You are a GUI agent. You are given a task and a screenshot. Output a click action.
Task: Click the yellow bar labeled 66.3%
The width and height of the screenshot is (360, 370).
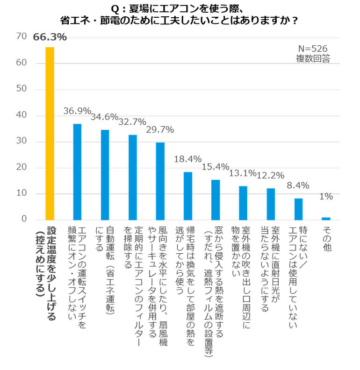[50, 133]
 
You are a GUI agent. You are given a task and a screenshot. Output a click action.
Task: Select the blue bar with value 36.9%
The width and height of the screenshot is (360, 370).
[77, 171]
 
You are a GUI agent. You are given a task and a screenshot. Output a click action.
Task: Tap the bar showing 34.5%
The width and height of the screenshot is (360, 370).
[105, 174]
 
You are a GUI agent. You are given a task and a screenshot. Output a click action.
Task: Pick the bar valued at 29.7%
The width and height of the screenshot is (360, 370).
[160, 181]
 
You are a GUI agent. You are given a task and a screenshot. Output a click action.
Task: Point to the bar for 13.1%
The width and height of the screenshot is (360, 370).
[243, 202]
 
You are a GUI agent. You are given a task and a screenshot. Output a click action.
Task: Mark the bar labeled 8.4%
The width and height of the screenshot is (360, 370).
[298, 208]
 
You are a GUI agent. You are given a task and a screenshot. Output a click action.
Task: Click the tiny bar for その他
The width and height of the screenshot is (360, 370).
[326, 218]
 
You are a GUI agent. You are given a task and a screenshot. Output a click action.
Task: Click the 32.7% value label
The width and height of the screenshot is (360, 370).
[132, 122]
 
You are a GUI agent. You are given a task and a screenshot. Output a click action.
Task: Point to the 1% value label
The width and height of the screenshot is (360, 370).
[326, 197]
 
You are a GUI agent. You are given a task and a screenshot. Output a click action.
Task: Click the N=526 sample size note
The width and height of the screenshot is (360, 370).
[313, 49]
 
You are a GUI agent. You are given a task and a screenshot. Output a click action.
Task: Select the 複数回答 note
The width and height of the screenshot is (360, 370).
[313, 58]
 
